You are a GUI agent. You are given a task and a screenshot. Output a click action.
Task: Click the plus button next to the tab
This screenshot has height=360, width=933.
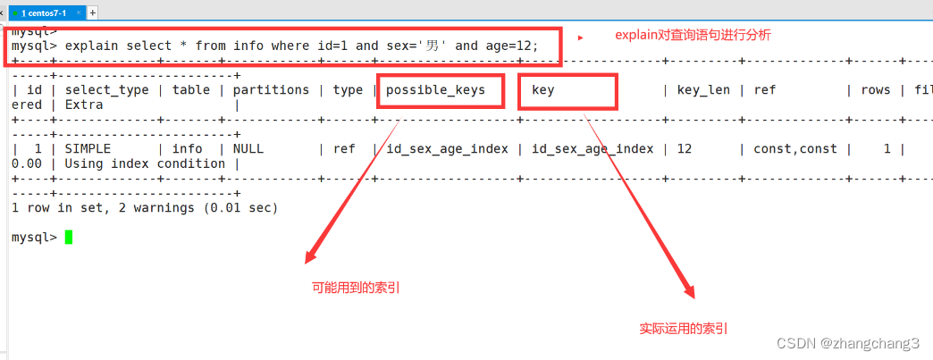click(93, 12)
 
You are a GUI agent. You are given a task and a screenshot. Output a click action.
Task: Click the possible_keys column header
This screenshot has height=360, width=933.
click(435, 89)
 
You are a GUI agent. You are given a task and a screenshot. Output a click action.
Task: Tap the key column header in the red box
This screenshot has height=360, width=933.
click(543, 89)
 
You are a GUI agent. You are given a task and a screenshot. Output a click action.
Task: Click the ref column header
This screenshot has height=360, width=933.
click(765, 89)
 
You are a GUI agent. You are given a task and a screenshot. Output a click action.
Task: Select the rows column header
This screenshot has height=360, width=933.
click(875, 89)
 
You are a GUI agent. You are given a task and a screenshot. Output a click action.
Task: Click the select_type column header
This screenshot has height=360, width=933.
click(105, 89)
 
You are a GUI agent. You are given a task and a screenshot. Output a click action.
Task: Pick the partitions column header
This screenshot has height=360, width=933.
click(271, 89)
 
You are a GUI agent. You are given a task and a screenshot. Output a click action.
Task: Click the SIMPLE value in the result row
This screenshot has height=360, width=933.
click(87, 149)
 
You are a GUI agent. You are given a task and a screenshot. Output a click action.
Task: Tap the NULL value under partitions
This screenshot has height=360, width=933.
click(248, 149)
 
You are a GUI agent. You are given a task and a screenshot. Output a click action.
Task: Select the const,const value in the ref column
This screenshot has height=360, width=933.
click(794, 149)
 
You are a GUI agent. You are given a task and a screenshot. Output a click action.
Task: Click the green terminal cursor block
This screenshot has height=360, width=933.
click(68, 237)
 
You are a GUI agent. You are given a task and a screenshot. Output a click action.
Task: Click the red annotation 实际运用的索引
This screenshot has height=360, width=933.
click(684, 329)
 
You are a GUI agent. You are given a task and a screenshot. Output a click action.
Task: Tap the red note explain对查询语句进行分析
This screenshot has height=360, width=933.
click(693, 36)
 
